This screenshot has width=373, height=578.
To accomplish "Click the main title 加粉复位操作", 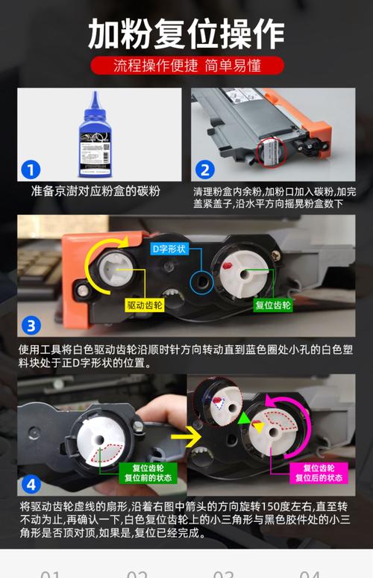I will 186,33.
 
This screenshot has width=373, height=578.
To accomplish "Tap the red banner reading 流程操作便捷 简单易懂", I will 186,65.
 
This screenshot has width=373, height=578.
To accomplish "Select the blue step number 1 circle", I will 30,170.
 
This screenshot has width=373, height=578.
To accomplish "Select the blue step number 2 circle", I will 205,170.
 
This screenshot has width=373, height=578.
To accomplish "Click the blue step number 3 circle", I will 31,325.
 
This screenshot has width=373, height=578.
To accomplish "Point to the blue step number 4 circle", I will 31,485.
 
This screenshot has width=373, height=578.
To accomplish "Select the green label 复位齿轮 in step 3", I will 274,305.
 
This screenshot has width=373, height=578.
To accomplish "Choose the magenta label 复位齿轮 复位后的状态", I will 319,473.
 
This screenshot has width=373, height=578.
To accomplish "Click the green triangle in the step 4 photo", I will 244,419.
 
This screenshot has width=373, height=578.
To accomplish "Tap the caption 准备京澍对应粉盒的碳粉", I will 95,191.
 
